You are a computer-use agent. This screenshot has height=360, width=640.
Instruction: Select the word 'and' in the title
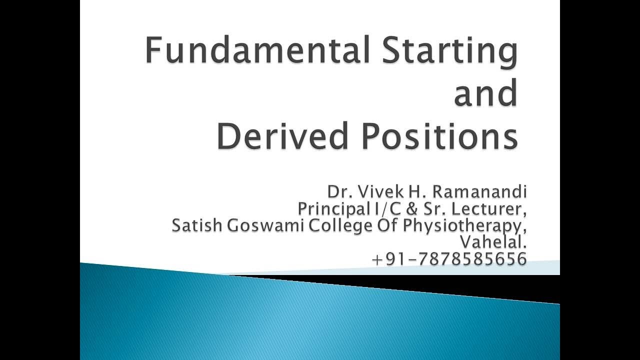[x=485, y=93]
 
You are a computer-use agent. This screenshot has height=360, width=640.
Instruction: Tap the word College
[x=340, y=226]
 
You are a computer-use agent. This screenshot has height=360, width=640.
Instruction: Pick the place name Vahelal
[x=493, y=242]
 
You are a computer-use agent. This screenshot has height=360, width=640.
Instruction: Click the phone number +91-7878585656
[x=449, y=259]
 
